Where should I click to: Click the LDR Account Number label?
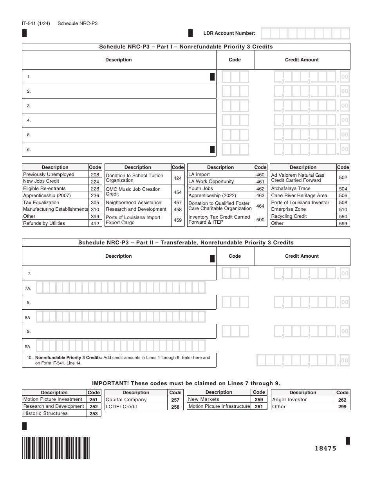coord(229,33)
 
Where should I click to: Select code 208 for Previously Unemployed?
coord(95,175)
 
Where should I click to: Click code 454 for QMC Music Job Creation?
coord(177,192)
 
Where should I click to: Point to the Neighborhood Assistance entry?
coord(134,203)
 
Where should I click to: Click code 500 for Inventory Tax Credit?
coord(260,220)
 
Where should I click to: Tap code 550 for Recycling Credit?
coord(343,217)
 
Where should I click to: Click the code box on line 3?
coord(235,106)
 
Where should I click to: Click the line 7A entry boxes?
coord(121,288)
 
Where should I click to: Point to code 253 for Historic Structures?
coord(94,414)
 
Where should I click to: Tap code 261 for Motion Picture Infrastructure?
coord(259,407)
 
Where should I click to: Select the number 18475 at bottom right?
coord(325,449)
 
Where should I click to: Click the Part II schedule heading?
coord(186,242)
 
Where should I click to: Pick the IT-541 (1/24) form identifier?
coord(36,23)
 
